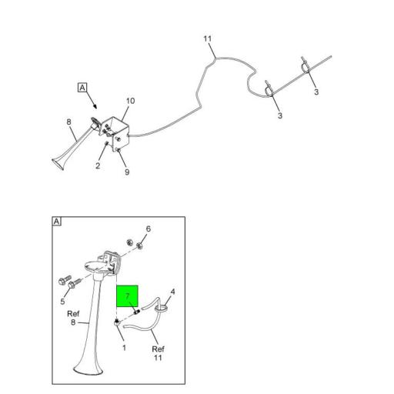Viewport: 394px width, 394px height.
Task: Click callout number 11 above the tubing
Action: pos(208,38)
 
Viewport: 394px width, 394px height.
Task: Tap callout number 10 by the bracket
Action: pos(130,101)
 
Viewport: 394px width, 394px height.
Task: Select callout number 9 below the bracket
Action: pos(127,172)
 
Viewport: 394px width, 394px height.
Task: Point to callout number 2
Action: pos(98,165)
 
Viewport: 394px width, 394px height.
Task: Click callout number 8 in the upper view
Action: pos(68,122)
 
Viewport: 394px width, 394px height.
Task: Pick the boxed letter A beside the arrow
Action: pos(82,88)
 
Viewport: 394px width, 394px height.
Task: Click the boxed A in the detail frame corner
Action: pos(57,222)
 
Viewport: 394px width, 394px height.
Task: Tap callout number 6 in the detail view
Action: pos(149,229)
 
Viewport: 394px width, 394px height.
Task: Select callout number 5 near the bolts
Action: pos(62,302)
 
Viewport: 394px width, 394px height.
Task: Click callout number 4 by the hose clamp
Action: pos(172,292)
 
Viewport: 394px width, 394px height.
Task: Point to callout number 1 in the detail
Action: pos(124,348)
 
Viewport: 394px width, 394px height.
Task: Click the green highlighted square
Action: pos(127,296)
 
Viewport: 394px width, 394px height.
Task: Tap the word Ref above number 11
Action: pos(158,349)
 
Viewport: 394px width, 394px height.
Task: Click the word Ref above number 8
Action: pos(73,314)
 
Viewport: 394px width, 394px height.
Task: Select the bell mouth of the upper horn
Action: pos(58,164)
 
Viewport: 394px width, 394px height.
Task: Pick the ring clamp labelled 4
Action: pos(162,308)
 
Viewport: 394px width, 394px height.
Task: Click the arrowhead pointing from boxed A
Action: pos(95,106)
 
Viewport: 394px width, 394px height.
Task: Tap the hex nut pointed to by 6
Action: pos(140,246)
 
